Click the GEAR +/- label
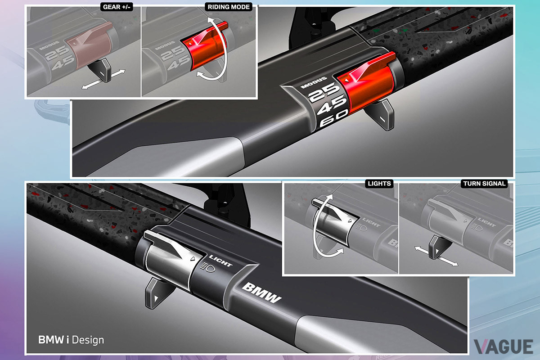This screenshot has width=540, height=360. click(117, 7)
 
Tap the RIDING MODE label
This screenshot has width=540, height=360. click(229, 7)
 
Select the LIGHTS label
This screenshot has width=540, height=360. click(379, 184)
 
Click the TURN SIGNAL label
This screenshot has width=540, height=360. click(484, 184)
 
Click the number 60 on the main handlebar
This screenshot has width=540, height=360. click(334, 119)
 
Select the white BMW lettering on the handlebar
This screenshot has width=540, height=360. click(261, 293)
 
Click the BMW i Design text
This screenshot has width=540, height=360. click(71, 340)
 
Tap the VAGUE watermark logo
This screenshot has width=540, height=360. click(504, 346)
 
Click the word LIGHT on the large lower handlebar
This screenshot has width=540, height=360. click(220, 261)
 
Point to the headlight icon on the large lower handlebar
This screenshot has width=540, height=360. click(208, 267)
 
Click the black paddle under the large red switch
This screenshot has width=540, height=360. click(381, 115)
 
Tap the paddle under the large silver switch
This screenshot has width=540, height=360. click(156, 292)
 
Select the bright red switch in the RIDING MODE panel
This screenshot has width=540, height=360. click(204, 46)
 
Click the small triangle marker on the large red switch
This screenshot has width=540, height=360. click(346, 80)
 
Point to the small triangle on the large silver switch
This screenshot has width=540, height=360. click(193, 259)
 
